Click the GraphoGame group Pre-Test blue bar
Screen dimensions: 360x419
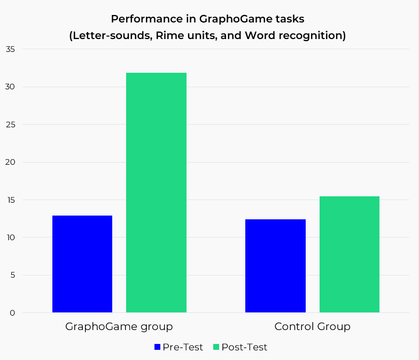pos(82,264)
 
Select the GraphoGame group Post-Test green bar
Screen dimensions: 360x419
pos(156,193)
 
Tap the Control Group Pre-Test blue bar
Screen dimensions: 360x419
pos(275,265)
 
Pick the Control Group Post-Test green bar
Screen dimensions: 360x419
pos(350,254)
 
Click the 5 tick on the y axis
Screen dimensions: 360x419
pos(12,275)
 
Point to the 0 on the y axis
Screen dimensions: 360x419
pos(12,313)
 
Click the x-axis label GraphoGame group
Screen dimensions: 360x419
pos(119,326)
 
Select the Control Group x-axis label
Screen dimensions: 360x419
pos(312,326)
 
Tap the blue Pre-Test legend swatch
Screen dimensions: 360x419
pos(157,347)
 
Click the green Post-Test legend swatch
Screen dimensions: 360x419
pos(216,347)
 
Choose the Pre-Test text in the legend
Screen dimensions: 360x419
pos(183,347)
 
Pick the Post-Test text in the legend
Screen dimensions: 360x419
pos(244,347)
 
